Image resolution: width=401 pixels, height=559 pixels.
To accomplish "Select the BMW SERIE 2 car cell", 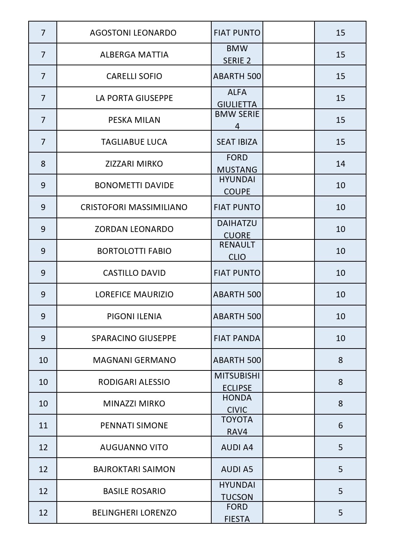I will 237,55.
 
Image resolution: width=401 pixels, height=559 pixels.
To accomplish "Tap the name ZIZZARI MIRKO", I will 134,164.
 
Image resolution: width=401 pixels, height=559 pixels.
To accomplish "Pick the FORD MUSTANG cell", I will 237,164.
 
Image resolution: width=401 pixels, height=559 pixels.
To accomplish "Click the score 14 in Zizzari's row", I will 340,164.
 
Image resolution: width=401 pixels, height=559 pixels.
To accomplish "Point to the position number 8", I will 43,164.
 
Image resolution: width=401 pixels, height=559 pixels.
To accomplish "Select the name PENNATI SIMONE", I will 134,425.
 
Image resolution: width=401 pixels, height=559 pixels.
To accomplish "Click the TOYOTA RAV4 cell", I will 237,425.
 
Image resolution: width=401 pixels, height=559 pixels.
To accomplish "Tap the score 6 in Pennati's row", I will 340,425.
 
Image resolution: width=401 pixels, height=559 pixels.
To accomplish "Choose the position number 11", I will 43,425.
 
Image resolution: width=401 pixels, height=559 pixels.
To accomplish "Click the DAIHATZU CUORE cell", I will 237,229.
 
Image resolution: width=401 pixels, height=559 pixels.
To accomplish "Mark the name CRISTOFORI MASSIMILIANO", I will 134,207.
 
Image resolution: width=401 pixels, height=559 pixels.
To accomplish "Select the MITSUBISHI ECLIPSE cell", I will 237,382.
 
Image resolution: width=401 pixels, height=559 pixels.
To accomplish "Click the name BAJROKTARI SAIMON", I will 134,469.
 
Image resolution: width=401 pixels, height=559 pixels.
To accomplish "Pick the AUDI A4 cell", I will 237,447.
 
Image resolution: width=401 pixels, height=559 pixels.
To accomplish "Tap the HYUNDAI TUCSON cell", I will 237,491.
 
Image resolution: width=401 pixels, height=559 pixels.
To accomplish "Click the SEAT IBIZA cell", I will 237,142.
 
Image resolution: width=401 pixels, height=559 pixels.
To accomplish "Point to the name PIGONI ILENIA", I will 134,316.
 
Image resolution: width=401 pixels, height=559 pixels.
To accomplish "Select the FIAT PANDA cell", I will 237,338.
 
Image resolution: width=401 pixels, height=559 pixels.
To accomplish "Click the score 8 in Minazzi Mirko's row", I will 340,403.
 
